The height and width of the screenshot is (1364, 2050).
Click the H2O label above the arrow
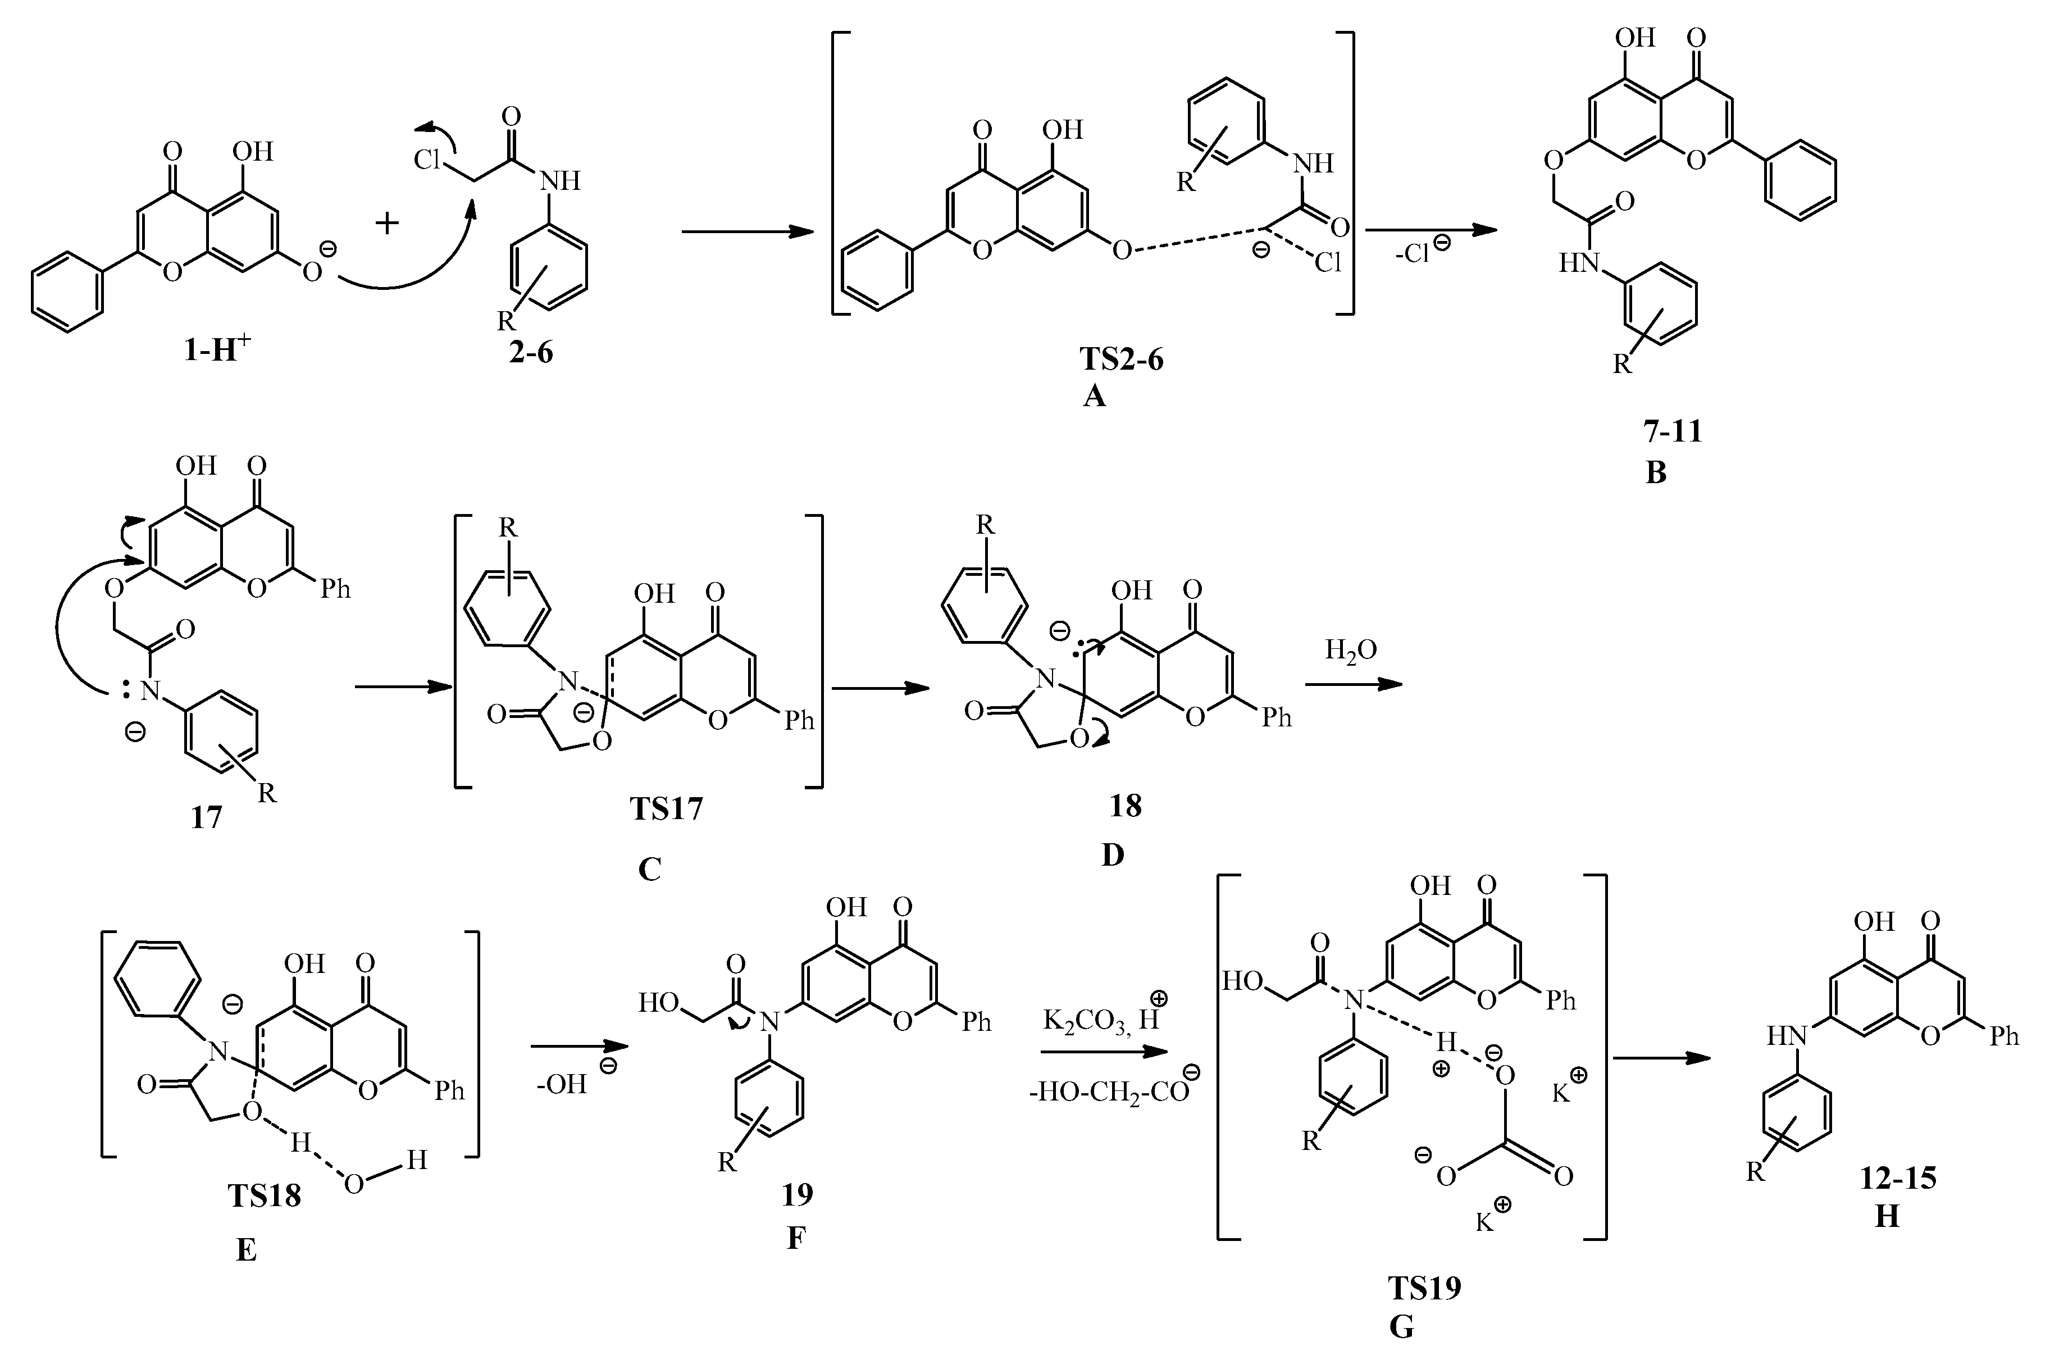point(1351,650)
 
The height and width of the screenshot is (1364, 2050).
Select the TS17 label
point(666,809)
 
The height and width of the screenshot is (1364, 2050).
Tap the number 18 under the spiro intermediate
point(1126,806)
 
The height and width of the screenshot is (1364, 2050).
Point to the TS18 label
point(265,1195)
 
